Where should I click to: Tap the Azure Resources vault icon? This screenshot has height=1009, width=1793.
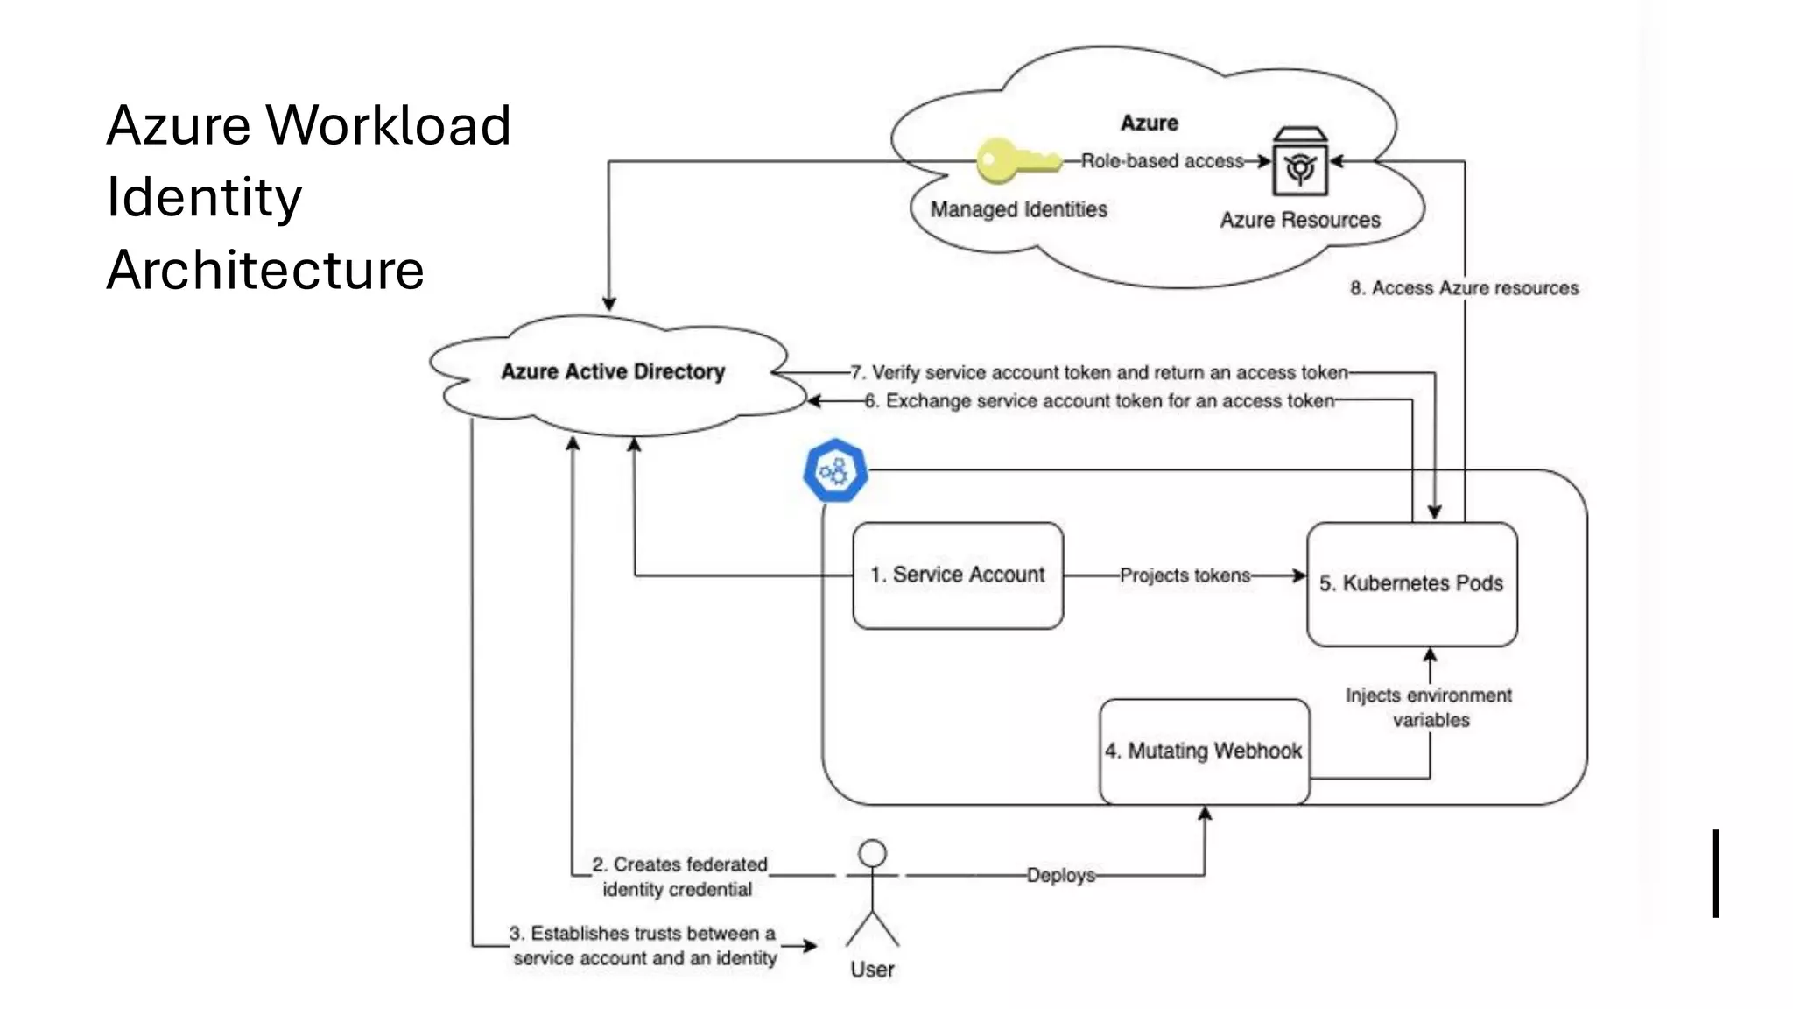(x=1300, y=163)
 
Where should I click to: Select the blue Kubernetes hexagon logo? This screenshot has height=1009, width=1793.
(x=836, y=471)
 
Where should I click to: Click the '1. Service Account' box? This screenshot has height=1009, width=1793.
(x=958, y=575)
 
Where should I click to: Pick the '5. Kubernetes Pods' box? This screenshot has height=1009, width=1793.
(x=1411, y=584)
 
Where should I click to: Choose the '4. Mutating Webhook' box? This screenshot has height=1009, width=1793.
(x=1204, y=751)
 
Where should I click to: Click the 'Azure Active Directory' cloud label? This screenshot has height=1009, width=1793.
(x=613, y=372)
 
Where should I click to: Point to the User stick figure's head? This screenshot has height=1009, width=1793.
(x=872, y=853)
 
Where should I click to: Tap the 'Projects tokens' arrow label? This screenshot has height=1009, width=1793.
(x=1185, y=575)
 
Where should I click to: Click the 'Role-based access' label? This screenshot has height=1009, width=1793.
(x=1162, y=161)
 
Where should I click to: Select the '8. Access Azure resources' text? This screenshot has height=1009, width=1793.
(x=1464, y=288)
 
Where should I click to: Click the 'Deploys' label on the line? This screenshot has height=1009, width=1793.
(x=1060, y=875)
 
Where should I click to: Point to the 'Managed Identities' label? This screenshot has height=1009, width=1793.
(x=1018, y=210)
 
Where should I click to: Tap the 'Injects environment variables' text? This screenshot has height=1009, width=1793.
(x=1429, y=708)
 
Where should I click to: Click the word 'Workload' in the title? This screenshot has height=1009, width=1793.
(x=388, y=125)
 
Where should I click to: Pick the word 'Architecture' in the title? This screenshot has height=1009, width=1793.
(x=265, y=270)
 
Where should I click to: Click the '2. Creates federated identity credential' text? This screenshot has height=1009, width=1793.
(x=679, y=877)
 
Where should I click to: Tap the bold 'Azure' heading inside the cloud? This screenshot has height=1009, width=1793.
(x=1149, y=123)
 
